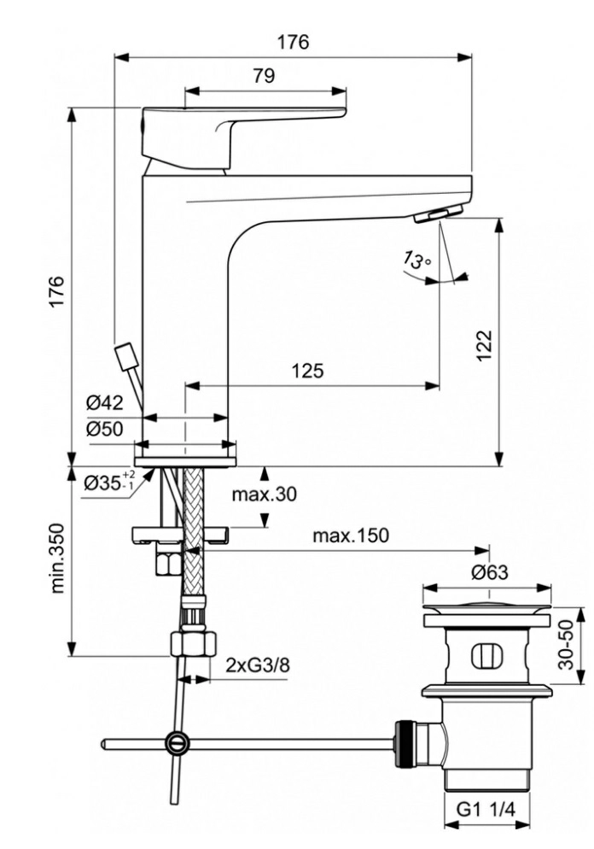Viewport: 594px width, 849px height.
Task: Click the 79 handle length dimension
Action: point(264,75)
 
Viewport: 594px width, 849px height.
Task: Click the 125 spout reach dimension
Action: point(307,371)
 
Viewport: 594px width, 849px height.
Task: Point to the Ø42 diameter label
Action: point(104,402)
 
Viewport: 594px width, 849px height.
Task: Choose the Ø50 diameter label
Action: point(104,429)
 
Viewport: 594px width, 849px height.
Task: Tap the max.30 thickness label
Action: point(264,494)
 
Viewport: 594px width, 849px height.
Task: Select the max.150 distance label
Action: point(351,536)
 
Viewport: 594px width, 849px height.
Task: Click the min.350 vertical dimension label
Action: point(58,558)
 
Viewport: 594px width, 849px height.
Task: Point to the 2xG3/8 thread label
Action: point(258,665)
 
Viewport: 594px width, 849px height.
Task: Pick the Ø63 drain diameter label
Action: point(489,571)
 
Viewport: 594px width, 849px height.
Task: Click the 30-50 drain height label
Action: point(566,644)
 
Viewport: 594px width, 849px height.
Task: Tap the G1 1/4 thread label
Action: point(486,810)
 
